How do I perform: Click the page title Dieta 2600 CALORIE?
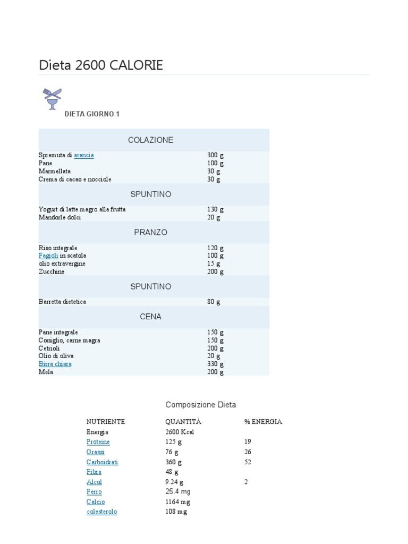coord(101,65)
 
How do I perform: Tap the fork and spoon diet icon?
coord(52,99)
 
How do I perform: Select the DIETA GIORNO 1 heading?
coord(92,114)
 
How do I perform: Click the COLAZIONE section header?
coord(150,140)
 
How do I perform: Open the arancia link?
coord(84,155)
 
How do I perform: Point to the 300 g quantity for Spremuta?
coord(215,155)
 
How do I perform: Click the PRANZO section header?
coord(150,233)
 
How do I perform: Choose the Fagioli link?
coord(48,256)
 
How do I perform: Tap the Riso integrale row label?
coord(58,248)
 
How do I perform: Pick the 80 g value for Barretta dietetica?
coord(214,302)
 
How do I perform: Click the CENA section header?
coord(150,317)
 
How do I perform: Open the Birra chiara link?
coord(55,364)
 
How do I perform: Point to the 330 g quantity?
coord(215,364)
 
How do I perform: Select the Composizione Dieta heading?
coord(200,405)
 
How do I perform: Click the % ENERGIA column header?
coord(263,422)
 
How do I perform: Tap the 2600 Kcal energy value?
coord(180,432)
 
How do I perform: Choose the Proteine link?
coord(98,442)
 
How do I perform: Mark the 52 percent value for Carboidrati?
coord(248,462)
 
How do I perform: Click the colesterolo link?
coord(102,512)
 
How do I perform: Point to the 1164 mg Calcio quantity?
coord(177,501)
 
